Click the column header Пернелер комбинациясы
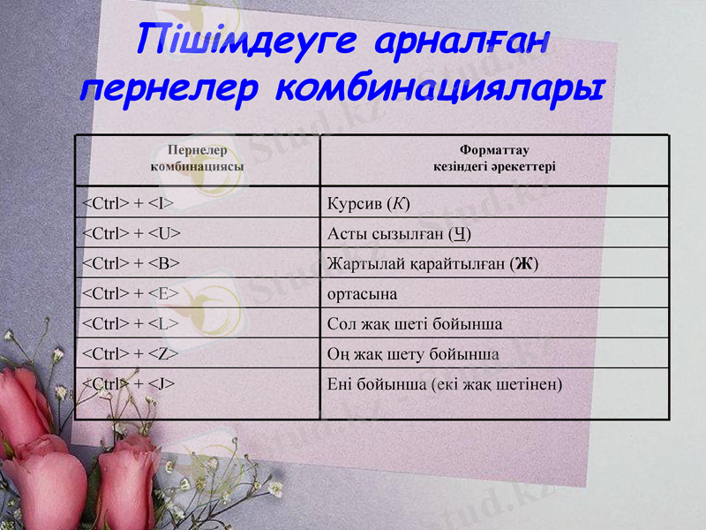click(x=198, y=158)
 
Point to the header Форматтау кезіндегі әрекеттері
click(x=494, y=158)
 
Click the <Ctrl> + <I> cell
click(x=127, y=204)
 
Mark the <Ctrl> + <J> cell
click(x=128, y=383)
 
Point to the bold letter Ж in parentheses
click(x=525, y=263)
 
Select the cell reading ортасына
click(x=362, y=293)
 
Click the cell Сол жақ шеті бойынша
click(x=414, y=323)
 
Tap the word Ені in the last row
click(x=341, y=383)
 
